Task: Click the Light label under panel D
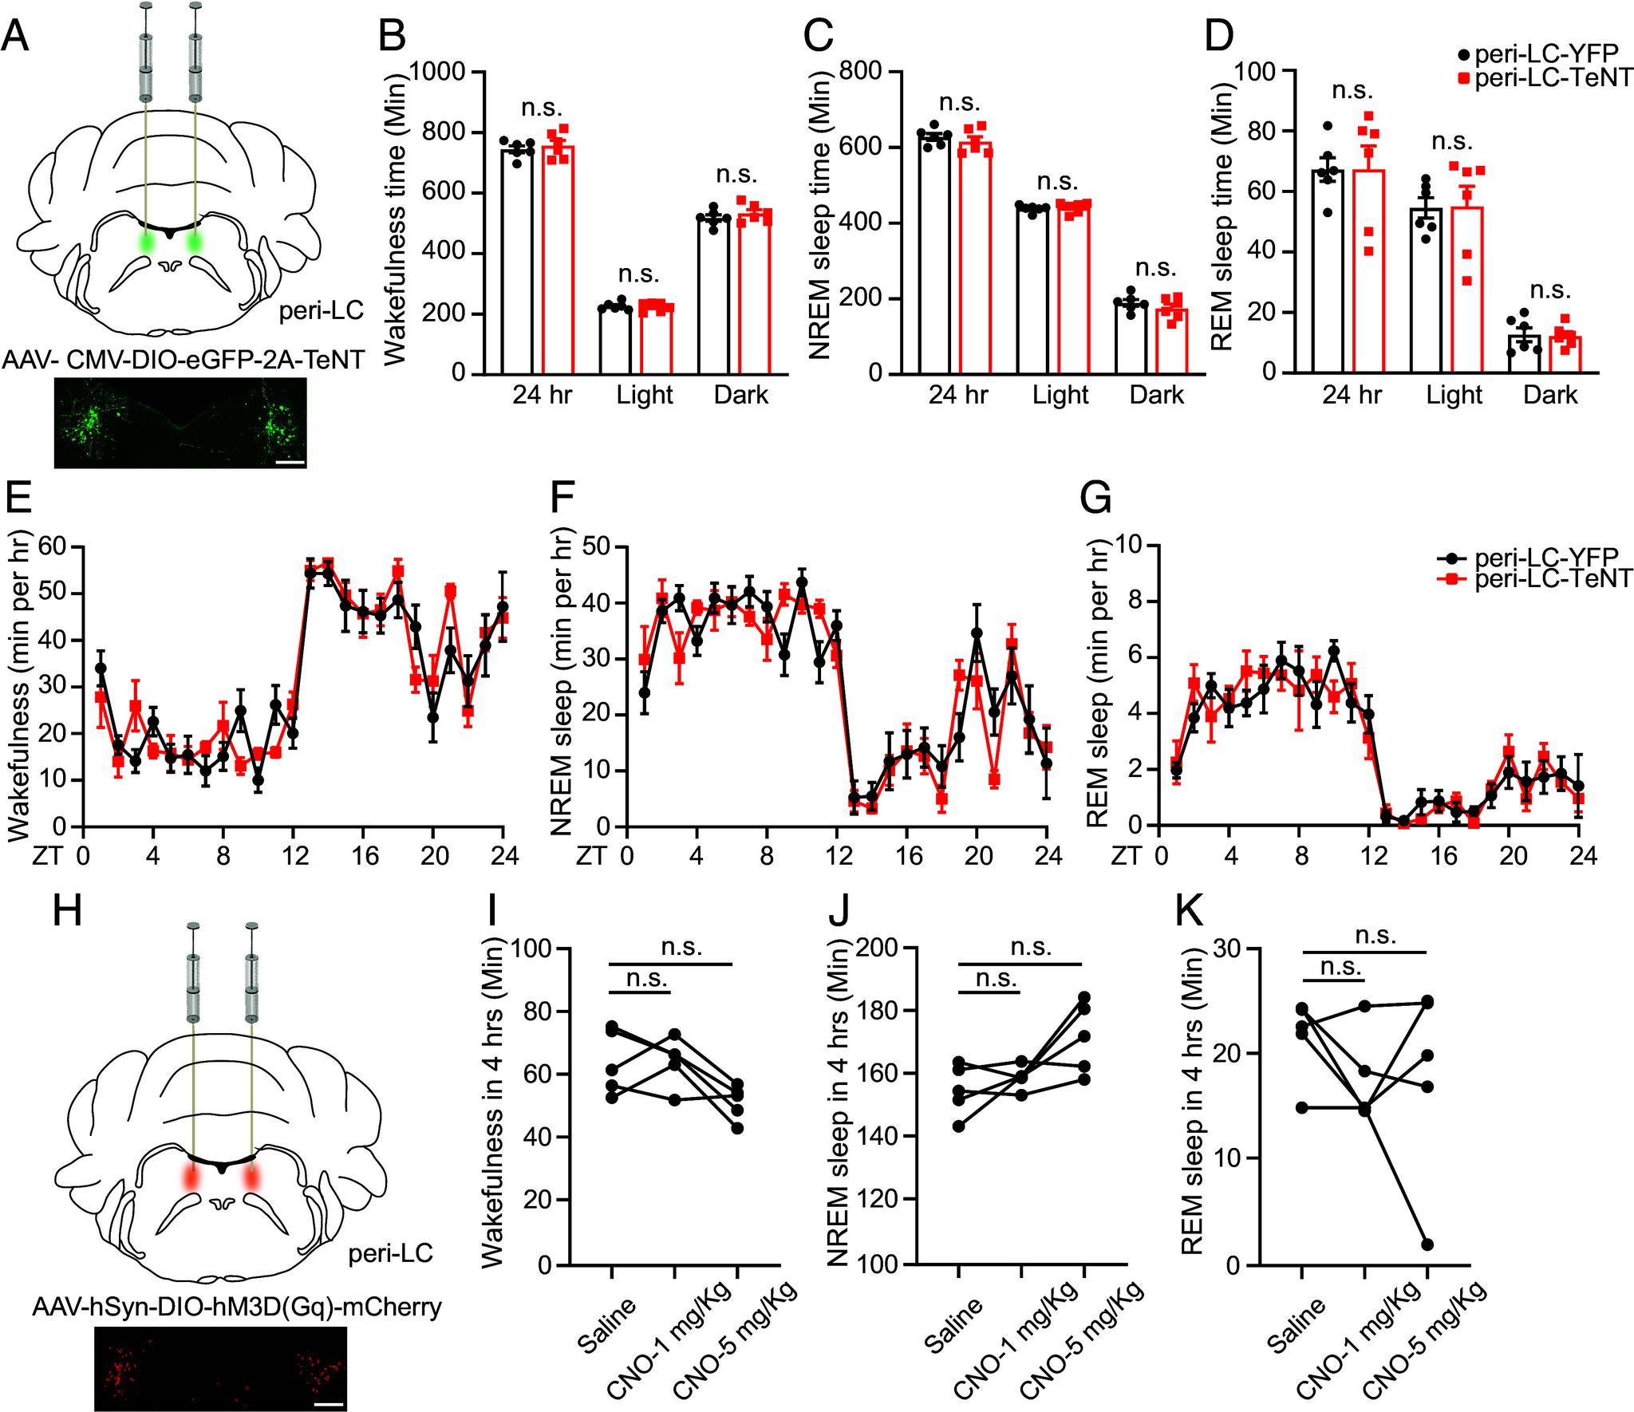(x=1454, y=395)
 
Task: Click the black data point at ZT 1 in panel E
(x=101, y=668)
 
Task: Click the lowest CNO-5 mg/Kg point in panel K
(x=1427, y=1244)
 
